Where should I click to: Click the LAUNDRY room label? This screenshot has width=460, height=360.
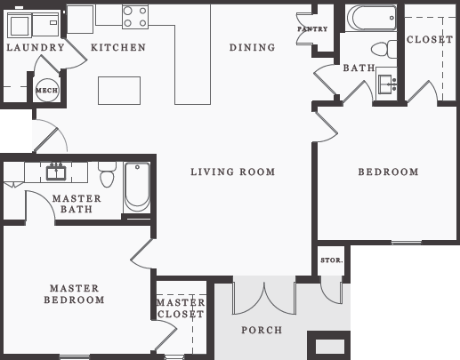(35, 47)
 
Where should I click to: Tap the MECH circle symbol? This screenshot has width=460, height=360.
(45, 90)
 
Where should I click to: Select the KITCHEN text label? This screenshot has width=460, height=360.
(118, 47)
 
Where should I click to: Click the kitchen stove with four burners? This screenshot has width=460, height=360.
(135, 17)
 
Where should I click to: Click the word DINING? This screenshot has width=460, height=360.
(252, 47)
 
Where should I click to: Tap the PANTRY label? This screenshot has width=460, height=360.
(312, 29)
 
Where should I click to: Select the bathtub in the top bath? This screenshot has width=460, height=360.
(371, 18)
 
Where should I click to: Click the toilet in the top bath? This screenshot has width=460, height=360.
(383, 48)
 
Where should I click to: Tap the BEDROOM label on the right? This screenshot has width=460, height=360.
(388, 172)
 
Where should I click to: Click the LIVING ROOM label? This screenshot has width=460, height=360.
(232, 172)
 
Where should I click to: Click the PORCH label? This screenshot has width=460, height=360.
(262, 330)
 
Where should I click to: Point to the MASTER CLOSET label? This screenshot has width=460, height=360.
(181, 308)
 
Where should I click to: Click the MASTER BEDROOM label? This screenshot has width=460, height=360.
(74, 294)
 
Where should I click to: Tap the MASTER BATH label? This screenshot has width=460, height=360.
(76, 204)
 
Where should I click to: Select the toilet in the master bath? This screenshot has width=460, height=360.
(108, 174)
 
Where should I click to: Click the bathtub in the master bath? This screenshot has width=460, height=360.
(137, 186)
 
